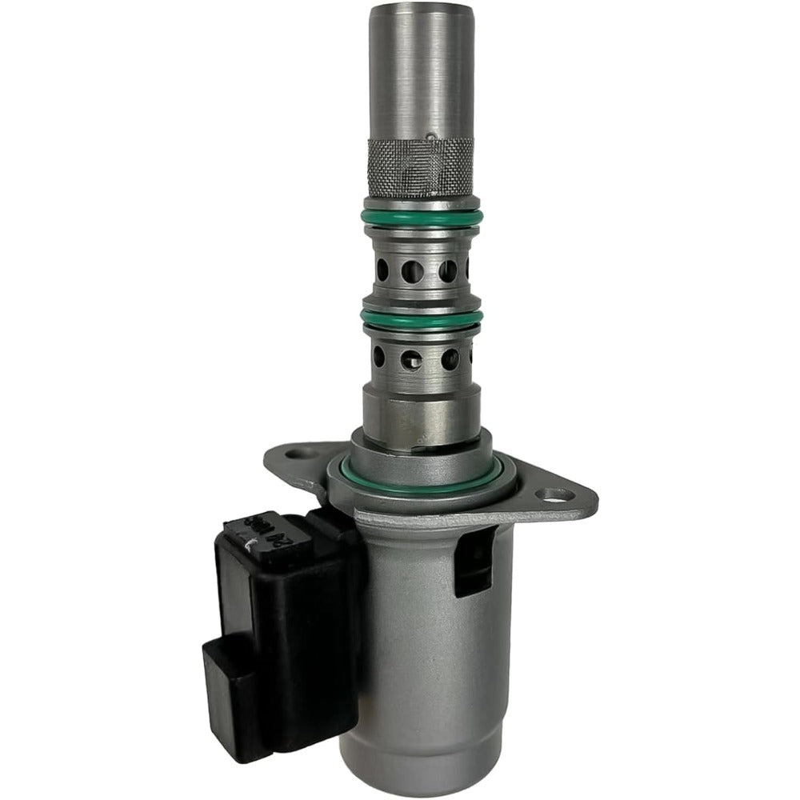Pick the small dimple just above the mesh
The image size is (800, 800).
point(430,136)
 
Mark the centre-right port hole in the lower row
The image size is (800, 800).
point(450,359)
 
